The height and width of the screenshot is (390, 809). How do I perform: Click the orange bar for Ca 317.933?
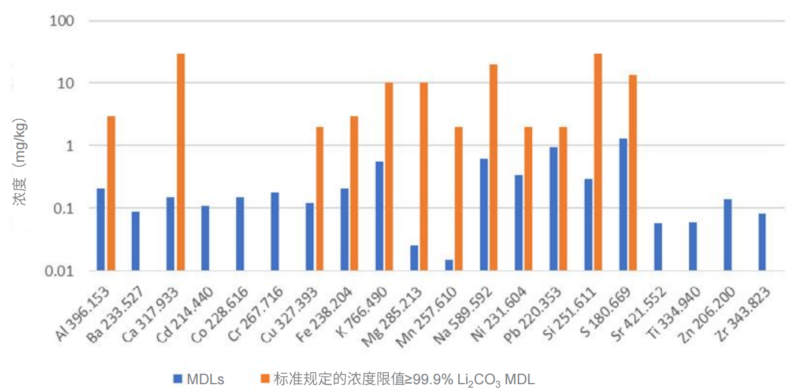[181, 162]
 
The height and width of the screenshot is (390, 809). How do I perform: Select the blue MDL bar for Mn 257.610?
[449, 265]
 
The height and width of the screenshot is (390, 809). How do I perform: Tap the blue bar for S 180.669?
[623, 204]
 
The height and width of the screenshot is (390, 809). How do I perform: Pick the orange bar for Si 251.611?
[598, 162]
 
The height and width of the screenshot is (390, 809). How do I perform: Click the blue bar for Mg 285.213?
[414, 258]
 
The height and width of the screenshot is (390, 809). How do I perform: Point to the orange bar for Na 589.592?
[493, 167]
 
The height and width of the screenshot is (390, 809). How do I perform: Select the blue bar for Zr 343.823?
[762, 242]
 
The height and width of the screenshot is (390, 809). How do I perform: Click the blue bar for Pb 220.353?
[554, 209]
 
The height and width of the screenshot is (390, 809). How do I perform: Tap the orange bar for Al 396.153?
[111, 193]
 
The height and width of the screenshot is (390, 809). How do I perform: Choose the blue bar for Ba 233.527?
[135, 241]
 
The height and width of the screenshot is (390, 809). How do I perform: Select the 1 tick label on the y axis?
[72, 146]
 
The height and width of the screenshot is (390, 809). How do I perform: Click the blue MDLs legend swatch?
[177, 379]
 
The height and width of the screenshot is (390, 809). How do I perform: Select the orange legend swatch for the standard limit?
[265, 379]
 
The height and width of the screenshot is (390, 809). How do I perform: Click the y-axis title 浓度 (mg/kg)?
[20, 164]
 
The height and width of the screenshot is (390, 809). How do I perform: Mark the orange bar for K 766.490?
[389, 176]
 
